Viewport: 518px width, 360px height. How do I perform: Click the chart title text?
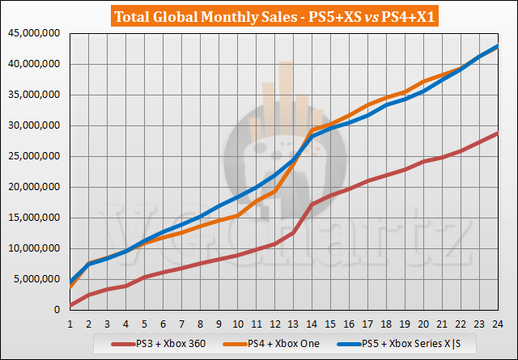coord(259,15)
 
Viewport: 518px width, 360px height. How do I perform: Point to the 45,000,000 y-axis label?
coord(33,34)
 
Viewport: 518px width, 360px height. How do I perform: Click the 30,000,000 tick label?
coord(33,126)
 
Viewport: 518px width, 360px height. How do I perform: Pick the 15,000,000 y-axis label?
coord(33,218)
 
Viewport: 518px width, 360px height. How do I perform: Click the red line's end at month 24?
coord(496,133)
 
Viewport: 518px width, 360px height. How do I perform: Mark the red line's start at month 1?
coord(70,306)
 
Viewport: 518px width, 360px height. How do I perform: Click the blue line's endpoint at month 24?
coord(496,46)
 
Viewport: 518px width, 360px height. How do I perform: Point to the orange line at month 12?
coord(274,190)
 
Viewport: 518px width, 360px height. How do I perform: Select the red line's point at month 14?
coord(312,204)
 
